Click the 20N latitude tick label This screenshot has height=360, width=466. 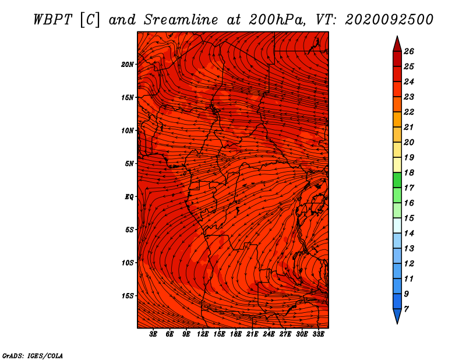(x=128, y=65)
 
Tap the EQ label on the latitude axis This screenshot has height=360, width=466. (x=129, y=197)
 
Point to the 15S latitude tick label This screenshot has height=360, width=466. (x=128, y=296)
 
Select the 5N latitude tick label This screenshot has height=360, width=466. (x=129, y=164)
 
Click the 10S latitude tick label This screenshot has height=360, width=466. (x=128, y=263)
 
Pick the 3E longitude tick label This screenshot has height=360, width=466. (x=153, y=334)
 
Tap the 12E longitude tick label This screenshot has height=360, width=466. (x=202, y=334)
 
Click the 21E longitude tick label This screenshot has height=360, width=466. (x=252, y=334)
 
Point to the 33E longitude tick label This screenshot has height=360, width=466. (x=318, y=334)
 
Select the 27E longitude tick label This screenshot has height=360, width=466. (x=285, y=334)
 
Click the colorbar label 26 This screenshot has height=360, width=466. (x=409, y=51)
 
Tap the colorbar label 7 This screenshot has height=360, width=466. (x=406, y=309)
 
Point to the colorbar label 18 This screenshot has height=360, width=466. (x=409, y=172)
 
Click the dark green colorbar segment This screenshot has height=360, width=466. (x=397, y=180)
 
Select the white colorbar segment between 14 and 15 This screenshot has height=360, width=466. (x=397, y=225)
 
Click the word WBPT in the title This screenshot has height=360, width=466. (x=52, y=20)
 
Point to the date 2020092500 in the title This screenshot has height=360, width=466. (x=389, y=20)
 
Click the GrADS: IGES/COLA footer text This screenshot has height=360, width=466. (x=33, y=356)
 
